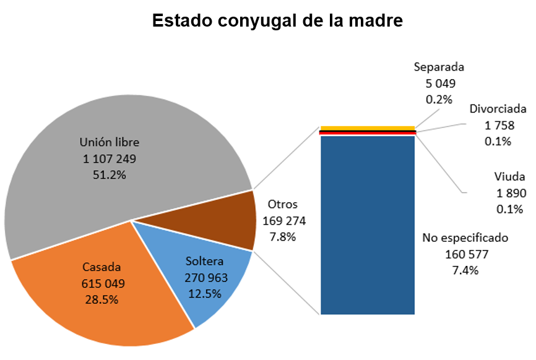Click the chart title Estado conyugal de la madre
coord(277,21)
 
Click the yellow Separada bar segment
coord(367,128)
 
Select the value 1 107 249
coord(110,159)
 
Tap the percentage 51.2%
coord(110,175)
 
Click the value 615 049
coord(103,284)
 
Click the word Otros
coord(282,204)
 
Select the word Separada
coord(439,67)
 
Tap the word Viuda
coord(510,177)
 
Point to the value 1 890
coord(511,193)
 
